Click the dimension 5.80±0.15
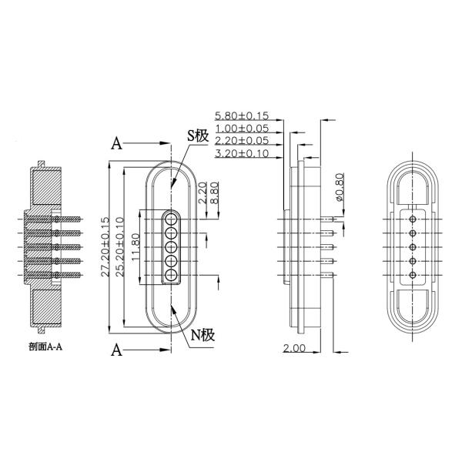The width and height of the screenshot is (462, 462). pyautogui.click(x=242, y=115)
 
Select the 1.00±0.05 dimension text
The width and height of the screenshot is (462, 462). pyautogui.click(x=242, y=129)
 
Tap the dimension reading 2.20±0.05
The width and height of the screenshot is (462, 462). pyautogui.click(x=242, y=141)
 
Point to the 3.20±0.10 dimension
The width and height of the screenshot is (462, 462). pyautogui.click(x=242, y=153)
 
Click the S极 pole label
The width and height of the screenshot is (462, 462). pyautogui.click(x=199, y=136)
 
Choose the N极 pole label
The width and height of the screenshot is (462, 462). pyautogui.click(x=203, y=335)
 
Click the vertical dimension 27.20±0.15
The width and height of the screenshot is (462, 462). pyautogui.click(x=105, y=247)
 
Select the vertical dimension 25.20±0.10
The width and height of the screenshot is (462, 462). pyautogui.click(x=120, y=247)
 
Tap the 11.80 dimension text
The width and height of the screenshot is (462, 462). pyautogui.click(x=136, y=247)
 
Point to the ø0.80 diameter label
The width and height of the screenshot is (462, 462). pyautogui.click(x=340, y=187)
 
